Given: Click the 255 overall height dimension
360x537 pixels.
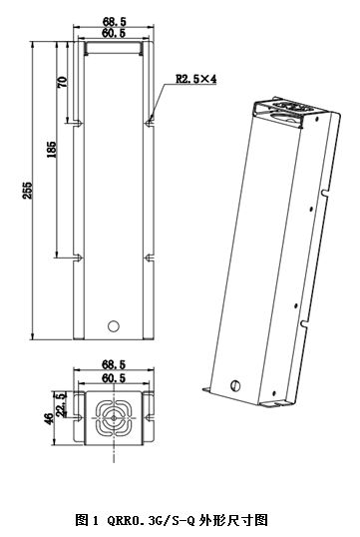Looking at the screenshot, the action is (27, 190).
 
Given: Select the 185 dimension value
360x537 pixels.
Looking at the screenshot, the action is (51, 150).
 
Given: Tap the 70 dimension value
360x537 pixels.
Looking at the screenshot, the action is (62, 82).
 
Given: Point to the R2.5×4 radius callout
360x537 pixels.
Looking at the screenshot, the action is (196, 79).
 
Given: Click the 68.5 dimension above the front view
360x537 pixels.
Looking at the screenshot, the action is (115, 22).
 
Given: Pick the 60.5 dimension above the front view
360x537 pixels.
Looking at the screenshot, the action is (114, 33).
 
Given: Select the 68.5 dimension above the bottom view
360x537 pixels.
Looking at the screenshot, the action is (114, 364).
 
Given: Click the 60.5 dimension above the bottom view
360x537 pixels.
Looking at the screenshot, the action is (114, 378).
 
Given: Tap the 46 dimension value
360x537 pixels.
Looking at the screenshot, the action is (49, 419).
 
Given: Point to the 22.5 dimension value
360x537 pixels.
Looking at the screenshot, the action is (61, 404).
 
